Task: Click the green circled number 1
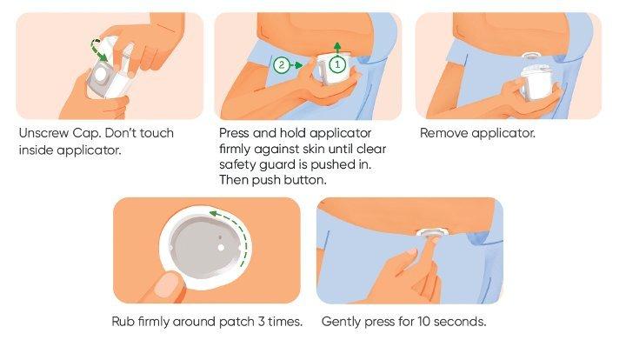337,64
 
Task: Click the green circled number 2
282,64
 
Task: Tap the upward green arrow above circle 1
337,48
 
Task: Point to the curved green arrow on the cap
98,49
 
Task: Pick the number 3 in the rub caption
261,321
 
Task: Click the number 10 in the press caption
424,321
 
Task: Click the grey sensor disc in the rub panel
204,248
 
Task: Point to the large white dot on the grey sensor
221,248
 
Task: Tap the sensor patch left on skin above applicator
531,57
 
